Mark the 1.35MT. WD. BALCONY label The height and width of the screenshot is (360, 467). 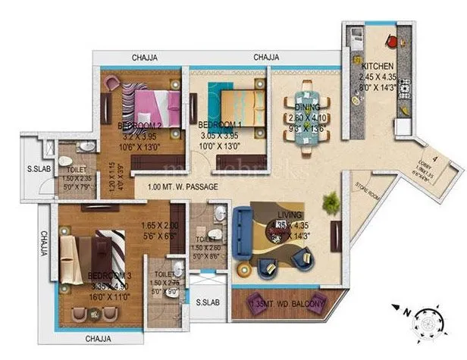pyautogui.click(x=287, y=305)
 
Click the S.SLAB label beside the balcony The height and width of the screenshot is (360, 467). pyautogui.click(x=208, y=302)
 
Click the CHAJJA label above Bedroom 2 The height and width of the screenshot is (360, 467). pyautogui.click(x=145, y=58)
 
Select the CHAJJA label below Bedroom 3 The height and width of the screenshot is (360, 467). pyautogui.click(x=99, y=339)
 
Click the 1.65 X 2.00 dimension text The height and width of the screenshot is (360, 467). pyautogui.click(x=158, y=226)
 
